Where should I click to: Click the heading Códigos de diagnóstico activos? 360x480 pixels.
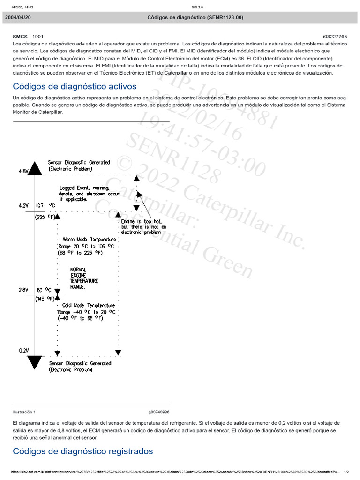[75, 87]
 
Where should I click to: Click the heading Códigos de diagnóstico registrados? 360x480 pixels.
[82, 451]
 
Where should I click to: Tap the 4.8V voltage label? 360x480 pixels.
[23, 172]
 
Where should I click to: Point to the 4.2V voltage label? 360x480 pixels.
[23, 205]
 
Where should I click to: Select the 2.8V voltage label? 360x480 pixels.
[23, 290]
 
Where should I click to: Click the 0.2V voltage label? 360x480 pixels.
[23, 350]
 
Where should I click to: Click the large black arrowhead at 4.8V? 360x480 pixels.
[35, 167]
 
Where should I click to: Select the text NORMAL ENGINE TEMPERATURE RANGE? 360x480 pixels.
[84, 278]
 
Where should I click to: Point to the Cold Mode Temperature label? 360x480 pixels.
[87, 306]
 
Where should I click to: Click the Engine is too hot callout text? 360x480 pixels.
[143, 226]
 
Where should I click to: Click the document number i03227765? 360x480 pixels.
[335, 36]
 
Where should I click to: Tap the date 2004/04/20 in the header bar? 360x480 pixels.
[18, 18]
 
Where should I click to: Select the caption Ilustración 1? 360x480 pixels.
[24, 412]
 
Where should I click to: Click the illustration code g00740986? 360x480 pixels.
[159, 412]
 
